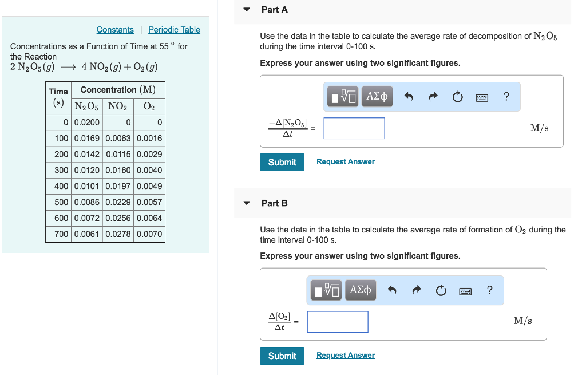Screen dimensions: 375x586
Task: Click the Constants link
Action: pos(115,30)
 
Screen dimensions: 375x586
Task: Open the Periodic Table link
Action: pos(174,30)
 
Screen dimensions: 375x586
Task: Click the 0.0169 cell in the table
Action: pos(87,138)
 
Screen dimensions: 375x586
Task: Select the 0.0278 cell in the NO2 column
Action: pos(118,234)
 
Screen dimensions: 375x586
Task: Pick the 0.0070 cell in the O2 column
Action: pos(149,234)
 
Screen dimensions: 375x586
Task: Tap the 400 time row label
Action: pos(61,186)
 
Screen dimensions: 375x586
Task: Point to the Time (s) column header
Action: pos(58,97)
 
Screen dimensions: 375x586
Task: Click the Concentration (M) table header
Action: pos(118,90)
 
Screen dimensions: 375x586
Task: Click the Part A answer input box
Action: pos(354,128)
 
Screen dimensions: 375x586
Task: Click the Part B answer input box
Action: pos(337,322)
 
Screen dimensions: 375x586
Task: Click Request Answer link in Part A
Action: pos(345,162)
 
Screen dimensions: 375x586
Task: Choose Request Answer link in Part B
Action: pos(345,356)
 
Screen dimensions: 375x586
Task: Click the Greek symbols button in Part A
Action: pos(377,97)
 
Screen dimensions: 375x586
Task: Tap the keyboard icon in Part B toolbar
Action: pos(465,291)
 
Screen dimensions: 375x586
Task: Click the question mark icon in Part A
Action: pos(506,97)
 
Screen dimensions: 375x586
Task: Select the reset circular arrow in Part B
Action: pos(441,291)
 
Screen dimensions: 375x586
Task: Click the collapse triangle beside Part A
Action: pos(247,10)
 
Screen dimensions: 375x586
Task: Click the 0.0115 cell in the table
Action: pos(118,154)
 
